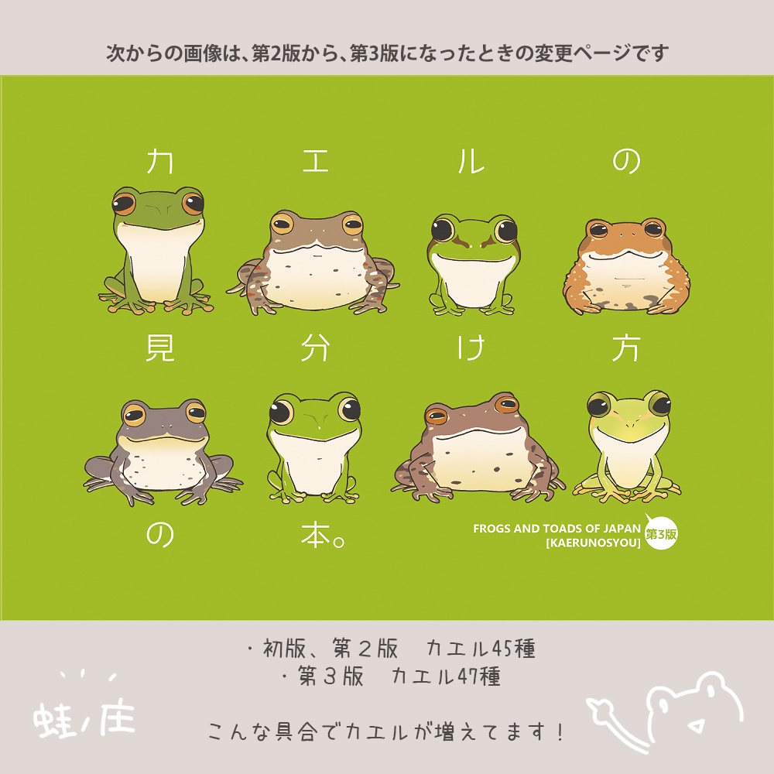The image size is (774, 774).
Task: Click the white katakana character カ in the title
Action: point(159,161)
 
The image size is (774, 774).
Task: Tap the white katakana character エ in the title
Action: point(316,161)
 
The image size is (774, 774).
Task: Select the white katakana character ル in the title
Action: point(471,161)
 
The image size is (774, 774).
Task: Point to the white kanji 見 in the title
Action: point(160,348)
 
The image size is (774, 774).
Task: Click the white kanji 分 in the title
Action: point(316,348)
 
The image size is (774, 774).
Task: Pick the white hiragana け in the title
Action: point(471,348)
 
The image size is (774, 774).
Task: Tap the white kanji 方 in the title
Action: point(626,348)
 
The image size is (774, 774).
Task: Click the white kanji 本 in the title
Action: point(316,535)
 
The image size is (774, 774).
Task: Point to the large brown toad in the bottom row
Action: point(477,447)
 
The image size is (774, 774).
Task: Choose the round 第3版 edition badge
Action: point(661,533)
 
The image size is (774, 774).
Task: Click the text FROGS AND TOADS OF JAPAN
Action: point(557,529)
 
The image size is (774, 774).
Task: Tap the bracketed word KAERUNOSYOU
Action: point(594,543)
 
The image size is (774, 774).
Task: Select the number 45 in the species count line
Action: point(502,649)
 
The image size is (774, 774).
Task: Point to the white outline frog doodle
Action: point(666,711)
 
